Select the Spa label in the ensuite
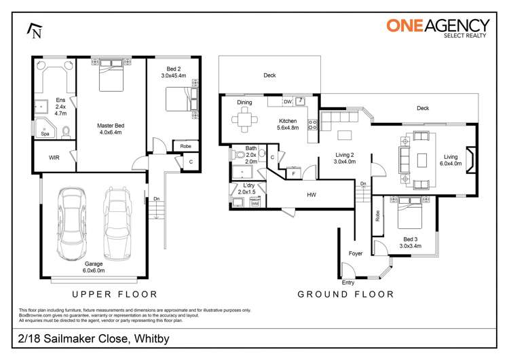(x=45, y=134)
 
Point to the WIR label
(x=54, y=158)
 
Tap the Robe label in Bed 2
(x=185, y=146)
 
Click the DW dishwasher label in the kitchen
(x=288, y=102)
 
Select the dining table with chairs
(x=244, y=122)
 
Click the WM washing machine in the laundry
(x=255, y=202)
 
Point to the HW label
(x=311, y=195)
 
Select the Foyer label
(x=356, y=253)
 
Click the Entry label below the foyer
(x=348, y=282)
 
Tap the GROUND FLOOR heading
(x=345, y=294)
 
